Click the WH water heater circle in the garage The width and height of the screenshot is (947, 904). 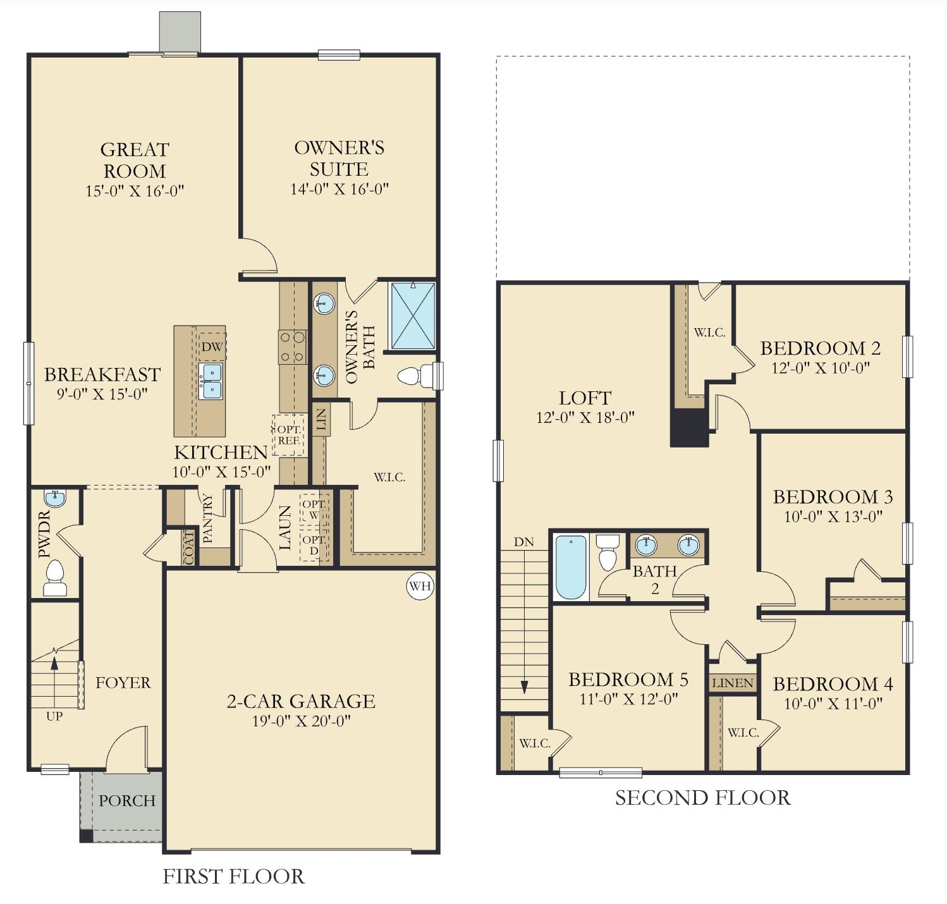[x=420, y=586]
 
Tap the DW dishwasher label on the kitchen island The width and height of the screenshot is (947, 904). [x=212, y=346]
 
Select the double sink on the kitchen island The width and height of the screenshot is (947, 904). [x=211, y=381]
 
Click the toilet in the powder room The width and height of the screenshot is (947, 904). [x=55, y=578]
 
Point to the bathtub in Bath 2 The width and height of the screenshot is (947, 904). [x=571, y=567]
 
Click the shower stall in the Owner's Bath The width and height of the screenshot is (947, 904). [x=413, y=315]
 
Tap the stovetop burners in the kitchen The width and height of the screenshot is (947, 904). [x=292, y=347]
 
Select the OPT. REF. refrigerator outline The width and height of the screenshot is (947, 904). [x=288, y=435]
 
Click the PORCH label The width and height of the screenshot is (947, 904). [x=126, y=800]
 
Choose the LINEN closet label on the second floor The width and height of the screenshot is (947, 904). [x=733, y=683]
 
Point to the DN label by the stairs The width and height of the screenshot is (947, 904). [x=523, y=542]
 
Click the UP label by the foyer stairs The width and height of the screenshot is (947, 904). [x=54, y=716]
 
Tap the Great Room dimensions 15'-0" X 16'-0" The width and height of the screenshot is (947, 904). [x=135, y=191]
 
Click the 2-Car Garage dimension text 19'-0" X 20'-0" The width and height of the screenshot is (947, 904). [x=301, y=721]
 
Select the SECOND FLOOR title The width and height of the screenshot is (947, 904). [x=702, y=798]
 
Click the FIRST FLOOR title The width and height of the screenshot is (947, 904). [x=233, y=876]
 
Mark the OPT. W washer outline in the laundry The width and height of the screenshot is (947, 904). [x=314, y=509]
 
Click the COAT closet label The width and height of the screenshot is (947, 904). [x=189, y=547]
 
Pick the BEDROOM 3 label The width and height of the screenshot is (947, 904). [x=833, y=497]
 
